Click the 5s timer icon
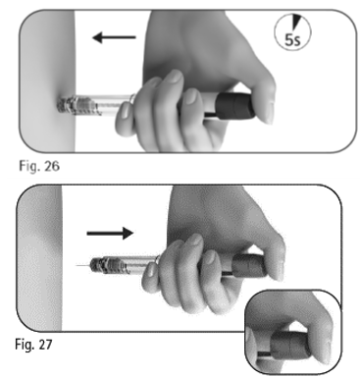coord(292,32)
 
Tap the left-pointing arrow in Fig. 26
coord(114,37)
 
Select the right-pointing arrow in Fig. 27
coord(110,234)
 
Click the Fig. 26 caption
coord(39,166)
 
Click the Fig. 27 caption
coord(33,344)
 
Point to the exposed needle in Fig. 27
coord(82,265)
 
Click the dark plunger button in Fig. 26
coord(234,105)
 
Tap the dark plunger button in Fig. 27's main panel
coord(249,265)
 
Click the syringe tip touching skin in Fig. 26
coord(67,104)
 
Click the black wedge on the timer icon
coord(297,23)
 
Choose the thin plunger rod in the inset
coord(263,354)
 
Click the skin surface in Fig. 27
coord(40,258)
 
